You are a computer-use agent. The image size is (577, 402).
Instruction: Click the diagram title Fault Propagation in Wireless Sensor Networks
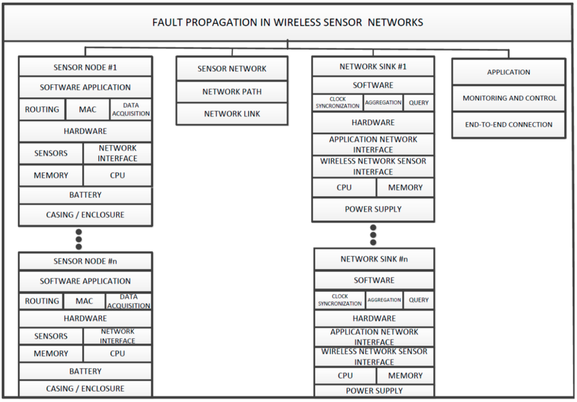(x=288, y=23)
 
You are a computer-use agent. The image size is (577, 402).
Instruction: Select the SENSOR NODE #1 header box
(x=85, y=67)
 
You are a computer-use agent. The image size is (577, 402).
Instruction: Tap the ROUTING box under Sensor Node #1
(x=42, y=110)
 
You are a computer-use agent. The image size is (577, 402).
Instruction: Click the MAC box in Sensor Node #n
(x=85, y=301)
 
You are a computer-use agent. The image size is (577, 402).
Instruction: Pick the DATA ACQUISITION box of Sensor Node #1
(x=131, y=110)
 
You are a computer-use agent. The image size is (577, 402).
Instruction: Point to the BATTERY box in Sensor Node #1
(x=85, y=195)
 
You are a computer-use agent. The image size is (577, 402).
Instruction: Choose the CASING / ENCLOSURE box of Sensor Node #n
(x=85, y=388)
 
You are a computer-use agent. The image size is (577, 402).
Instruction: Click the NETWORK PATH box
(x=232, y=92)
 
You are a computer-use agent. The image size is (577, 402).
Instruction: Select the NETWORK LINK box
(x=232, y=114)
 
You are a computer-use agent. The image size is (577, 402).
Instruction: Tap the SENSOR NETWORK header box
(x=232, y=69)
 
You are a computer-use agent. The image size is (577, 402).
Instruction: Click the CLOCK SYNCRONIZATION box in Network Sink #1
(x=338, y=102)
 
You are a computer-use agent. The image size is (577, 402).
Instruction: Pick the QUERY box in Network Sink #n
(x=419, y=300)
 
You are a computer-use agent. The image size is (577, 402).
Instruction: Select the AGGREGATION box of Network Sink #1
(x=383, y=102)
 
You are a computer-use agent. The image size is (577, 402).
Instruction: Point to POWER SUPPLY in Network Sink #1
(x=373, y=209)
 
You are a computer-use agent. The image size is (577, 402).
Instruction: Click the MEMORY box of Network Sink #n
(x=405, y=376)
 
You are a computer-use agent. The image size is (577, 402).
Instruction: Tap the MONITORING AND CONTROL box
(x=509, y=98)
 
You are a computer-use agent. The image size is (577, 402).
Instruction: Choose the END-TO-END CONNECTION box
(x=509, y=124)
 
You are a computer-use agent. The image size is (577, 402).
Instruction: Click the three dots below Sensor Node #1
(x=79, y=239)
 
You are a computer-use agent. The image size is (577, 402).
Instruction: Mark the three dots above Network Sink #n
(x=373, y=235)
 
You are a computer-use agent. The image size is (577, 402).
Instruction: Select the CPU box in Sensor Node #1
(x=117, y=175)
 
